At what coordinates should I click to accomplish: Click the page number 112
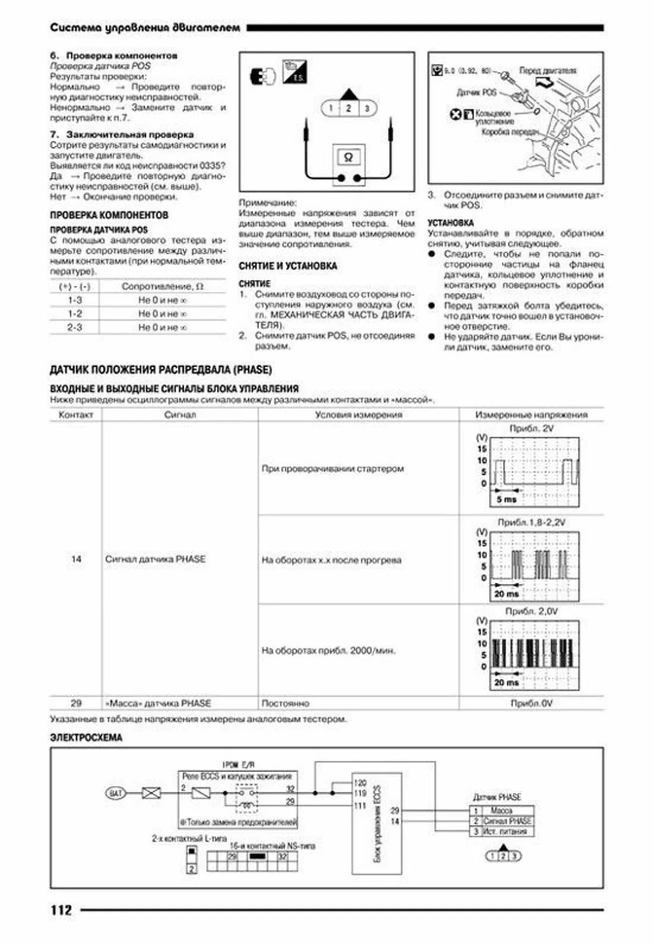point(61,910)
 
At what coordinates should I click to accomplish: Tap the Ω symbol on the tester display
point(348,157)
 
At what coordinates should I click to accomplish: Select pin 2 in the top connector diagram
point(348,108)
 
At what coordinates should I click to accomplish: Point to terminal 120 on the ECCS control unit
point(360,783)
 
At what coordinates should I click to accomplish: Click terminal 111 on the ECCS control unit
point(360,805)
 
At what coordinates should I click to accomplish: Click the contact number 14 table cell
point(76,559)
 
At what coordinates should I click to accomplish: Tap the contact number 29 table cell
point(76,703)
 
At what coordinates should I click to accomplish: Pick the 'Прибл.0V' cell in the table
point(531,703)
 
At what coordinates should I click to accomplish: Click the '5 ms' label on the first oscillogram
point(506,499)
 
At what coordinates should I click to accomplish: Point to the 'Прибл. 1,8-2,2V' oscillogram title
point(531,522)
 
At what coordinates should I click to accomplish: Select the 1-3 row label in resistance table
point(75,300)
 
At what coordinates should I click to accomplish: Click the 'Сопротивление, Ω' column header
point(162,286)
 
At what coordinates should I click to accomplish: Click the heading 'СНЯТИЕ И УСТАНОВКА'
point(288,266)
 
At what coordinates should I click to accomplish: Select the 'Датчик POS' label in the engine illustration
point(476,92)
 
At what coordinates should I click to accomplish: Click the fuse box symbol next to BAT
point(151,793)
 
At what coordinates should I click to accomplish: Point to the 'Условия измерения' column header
point(358,415)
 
